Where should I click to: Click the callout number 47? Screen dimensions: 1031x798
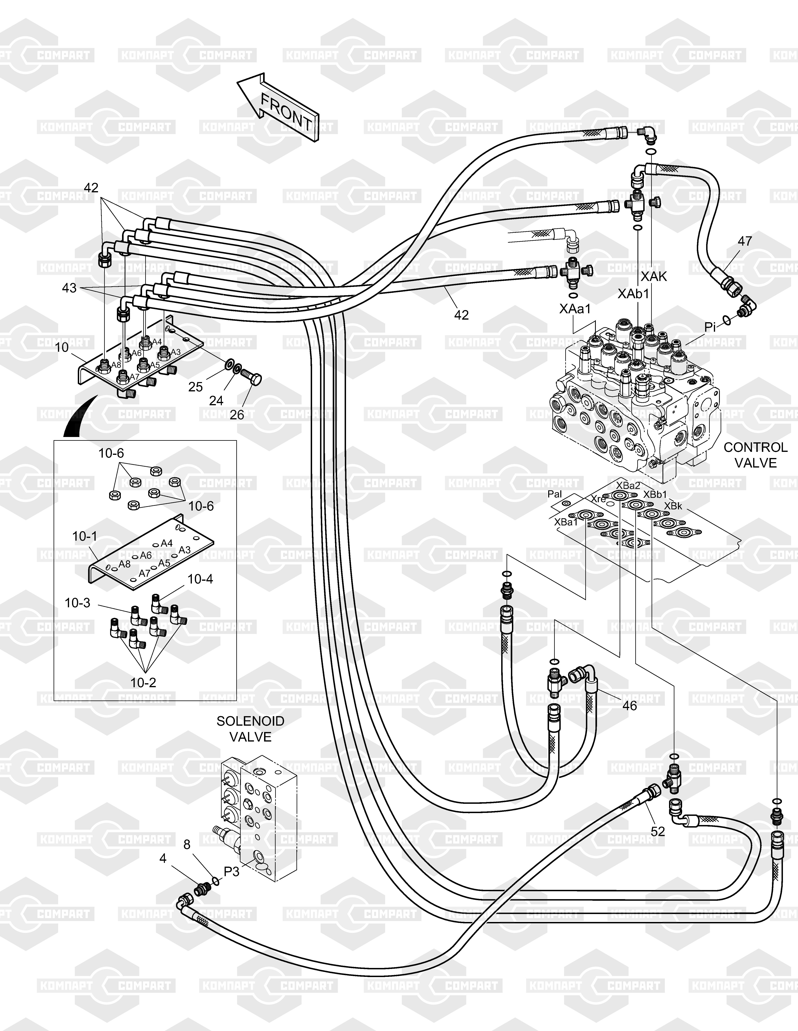(x=745, y=241)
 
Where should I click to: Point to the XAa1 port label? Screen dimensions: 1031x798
(x=575, y=309)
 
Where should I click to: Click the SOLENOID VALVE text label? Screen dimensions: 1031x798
(x=250, y=729)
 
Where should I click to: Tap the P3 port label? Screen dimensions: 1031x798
(x=232, y=872)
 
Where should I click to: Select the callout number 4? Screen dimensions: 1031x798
(x=163, y=858)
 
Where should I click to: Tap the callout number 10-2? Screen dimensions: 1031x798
(x=143, y=683)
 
